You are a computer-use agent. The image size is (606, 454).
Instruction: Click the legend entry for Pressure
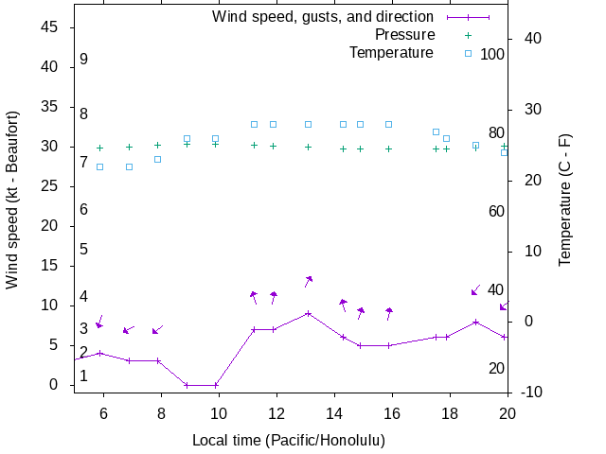click(x=404, y=35)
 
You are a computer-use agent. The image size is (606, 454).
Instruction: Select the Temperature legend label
click(x=390, y=52)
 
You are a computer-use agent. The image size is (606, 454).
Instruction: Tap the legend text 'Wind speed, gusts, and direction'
click(x=323, y=17)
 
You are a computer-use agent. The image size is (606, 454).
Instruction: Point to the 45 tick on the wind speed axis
click(x=51, y=27)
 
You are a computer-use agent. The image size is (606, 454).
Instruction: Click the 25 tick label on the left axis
click(x=51, y=186)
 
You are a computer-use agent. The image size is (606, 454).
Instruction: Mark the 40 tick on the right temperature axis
click(x=529, y=39)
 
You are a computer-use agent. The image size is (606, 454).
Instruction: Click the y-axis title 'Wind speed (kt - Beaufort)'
click(x=12, y=200)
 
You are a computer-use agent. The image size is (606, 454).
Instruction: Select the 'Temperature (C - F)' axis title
click(x=565, y=200)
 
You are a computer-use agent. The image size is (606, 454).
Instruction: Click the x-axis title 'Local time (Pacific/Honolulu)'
click(x=288, y=440)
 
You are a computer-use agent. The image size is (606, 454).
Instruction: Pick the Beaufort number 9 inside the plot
click(x=83, y=59)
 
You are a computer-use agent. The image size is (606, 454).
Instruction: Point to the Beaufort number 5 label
click(x=83, y=250)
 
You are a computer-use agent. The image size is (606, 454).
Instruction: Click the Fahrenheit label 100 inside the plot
click(x=492, y=54)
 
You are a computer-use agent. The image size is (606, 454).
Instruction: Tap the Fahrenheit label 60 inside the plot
click(x=496, y=211)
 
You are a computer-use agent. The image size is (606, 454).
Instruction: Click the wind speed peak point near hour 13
click(x=308, y=313)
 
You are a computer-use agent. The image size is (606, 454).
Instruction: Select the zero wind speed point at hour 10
click(x=216, y=385)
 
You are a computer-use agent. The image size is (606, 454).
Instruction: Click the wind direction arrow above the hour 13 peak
click(x=308, y=282)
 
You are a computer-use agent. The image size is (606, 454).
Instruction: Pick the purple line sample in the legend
click(x=468, y=17)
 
